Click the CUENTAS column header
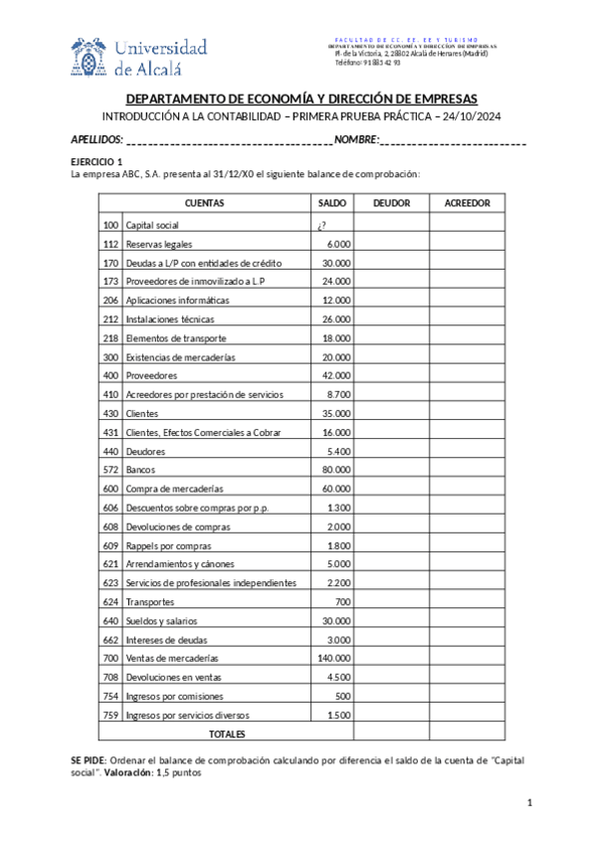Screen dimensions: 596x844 [x=204, y=203]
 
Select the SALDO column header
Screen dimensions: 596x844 [x=332, y=203]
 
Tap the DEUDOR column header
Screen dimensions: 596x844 [x=391, y=203]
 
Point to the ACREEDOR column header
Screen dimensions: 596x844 [x=467, y=203]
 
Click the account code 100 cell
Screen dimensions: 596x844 [x=109, y=225]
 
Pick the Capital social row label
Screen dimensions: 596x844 [x=152, y=225]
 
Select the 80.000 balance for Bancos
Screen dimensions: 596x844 [x=335, y=470]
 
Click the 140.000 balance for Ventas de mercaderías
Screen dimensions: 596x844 [x=332, y=659]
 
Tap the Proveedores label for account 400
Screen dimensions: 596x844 [x=151, y=376]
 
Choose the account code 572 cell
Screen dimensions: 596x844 [x=109, y=470]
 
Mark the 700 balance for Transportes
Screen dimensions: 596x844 [x=342, y=602]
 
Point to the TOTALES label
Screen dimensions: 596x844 [x=227, y=735]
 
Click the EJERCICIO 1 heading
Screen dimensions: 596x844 [x=97, y=161]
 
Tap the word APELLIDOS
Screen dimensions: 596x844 [x=97, y=139]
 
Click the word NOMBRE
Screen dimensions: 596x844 [x=356, y=139]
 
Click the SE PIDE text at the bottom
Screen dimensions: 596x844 [x=87, y=759]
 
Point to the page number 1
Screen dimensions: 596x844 [x=530, y=803]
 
